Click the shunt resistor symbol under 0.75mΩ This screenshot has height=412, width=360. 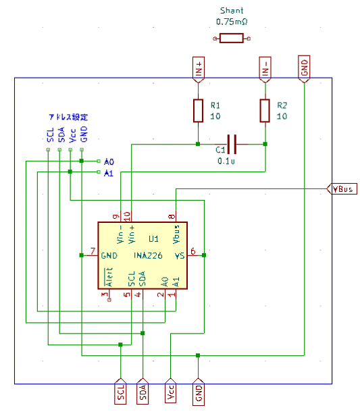pos(232,38)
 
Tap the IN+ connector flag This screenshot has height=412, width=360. pos(199,70)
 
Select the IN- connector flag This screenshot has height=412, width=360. pos(265,70)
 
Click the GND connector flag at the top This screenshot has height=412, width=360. pos(304,69)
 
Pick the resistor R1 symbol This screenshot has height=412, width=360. pos(198,111)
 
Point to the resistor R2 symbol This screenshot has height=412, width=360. pos(265,111)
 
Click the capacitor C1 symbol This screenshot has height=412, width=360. pos(232,145)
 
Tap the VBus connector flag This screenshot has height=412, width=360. pos(342,188)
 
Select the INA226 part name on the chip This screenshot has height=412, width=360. pos(148,255)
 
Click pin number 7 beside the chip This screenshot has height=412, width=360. pos(93,251)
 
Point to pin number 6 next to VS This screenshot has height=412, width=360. pos(193,251)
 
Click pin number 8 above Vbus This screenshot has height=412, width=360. pos(172,217)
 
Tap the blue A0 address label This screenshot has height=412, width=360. pos(109,161)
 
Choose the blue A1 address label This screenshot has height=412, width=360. pos(109,173)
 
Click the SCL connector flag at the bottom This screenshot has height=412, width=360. pos(120,391)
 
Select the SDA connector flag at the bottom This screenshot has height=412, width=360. pos(143,391)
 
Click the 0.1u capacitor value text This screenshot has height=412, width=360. pos(226,161)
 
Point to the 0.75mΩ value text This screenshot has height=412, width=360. pos(232,22)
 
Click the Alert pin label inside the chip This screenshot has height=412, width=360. pos(109,277)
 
